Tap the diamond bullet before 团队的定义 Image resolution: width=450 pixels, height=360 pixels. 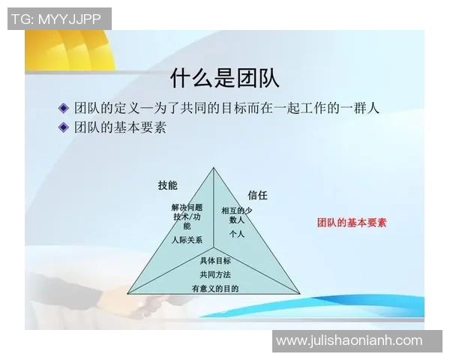(x=64, y=108)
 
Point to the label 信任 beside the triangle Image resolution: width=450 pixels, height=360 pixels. (x=257, y=195)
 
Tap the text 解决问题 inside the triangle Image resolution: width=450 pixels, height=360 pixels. (x=187, y=207)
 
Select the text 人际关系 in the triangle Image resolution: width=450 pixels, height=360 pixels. (x=186, y=240)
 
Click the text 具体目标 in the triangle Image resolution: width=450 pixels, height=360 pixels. (x=215, y=261)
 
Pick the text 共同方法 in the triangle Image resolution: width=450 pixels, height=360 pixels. (x=215, y=274)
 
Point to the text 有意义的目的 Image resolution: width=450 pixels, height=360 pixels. (x=215, y=288)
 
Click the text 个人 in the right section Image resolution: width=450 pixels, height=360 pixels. (x=237, y=234)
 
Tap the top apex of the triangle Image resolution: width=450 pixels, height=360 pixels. (x=213, y=168)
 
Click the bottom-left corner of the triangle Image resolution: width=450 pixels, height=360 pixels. (x=127, y=293)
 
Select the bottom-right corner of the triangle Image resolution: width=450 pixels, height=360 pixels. (x=299, y=293)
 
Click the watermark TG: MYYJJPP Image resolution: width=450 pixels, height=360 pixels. (x=59, y=19)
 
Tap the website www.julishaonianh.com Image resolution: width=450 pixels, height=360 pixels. (x=349, y=340)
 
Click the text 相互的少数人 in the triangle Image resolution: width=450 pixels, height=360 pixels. (x=237, y=215)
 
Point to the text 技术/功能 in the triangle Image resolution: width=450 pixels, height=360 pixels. (x=187, y=220)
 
